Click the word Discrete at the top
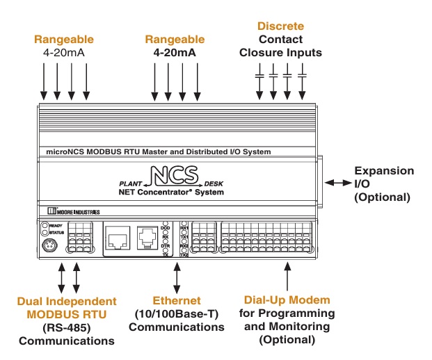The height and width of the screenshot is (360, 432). click(x=281, y=26)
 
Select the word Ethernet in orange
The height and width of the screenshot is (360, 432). click(x=179, y=301)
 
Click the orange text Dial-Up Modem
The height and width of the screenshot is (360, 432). click(x=287, y=301)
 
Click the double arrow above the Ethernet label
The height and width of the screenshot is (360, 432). click(x=178, y=277)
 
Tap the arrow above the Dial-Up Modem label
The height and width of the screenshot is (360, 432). click(x=287, y=277)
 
